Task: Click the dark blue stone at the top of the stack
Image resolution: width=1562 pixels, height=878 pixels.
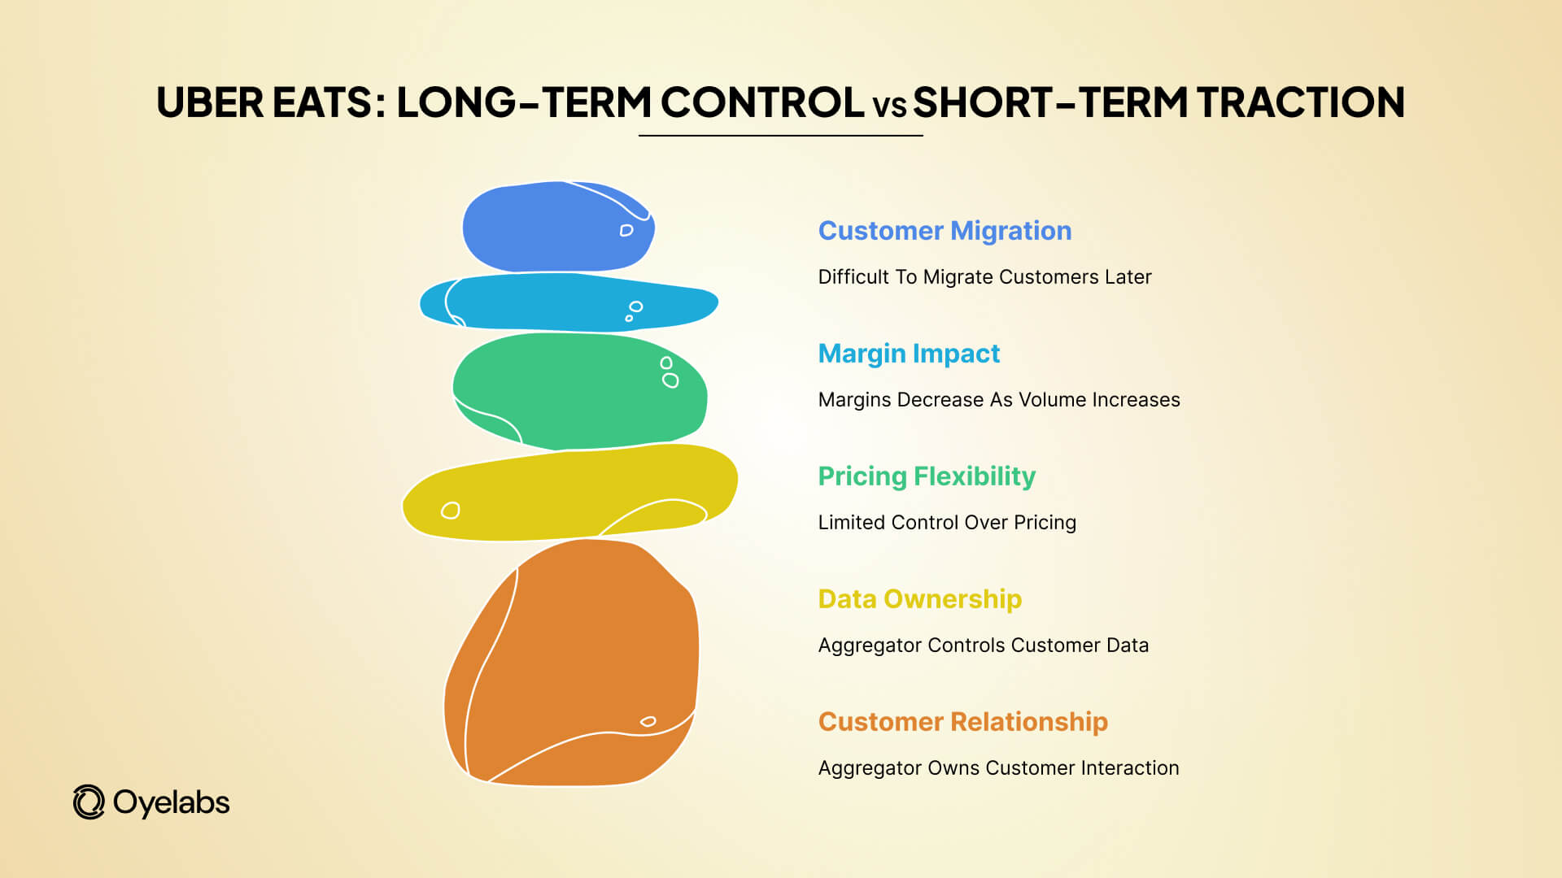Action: [558, 228]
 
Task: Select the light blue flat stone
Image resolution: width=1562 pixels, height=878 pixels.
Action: [569, 302]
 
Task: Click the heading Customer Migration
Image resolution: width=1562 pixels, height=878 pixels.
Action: [945, 231]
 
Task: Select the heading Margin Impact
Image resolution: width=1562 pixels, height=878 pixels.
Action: [909, 354]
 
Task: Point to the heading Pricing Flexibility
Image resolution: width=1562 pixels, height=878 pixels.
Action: [927, 476]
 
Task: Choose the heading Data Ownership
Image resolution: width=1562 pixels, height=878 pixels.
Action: [919, 599]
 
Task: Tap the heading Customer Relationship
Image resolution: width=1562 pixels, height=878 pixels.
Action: [962, 722]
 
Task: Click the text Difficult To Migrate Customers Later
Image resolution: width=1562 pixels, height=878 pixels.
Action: [984, 277]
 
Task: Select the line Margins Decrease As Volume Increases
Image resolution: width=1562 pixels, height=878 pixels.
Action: [998, 400]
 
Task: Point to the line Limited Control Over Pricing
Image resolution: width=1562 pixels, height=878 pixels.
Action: [947, 523]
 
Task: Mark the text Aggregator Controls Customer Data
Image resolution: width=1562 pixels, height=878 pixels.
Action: [983, 645]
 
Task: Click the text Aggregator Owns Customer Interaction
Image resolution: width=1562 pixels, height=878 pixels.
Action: [998, 768]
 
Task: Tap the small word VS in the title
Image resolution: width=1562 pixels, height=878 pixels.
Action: [889, 106]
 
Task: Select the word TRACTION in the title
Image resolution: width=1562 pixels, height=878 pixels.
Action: [1300, 103]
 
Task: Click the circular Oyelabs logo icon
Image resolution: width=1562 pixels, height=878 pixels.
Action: [89, 802]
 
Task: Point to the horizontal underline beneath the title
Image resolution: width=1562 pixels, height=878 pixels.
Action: [780, 136]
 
